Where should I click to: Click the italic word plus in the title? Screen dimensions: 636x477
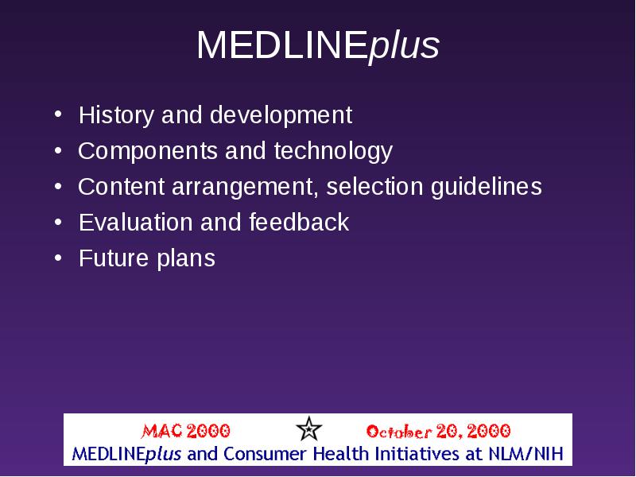[403, 47]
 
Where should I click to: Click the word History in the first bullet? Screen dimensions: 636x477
[116, 115]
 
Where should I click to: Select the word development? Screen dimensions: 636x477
[281, 116]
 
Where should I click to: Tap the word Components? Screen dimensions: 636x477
[148, 151]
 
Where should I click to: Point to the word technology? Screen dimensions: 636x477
[333, 151]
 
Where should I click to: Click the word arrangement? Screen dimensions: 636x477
[245, 188]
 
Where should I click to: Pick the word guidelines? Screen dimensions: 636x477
[487, 187]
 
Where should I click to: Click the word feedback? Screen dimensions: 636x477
[299, 223]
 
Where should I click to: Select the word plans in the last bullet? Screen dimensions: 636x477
[186, 259]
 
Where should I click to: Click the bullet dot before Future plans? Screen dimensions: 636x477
[58, 258]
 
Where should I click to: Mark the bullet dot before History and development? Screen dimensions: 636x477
[58, 114]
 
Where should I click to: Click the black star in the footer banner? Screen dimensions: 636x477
[308, 429]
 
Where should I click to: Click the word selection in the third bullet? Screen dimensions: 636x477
[374, 187]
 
